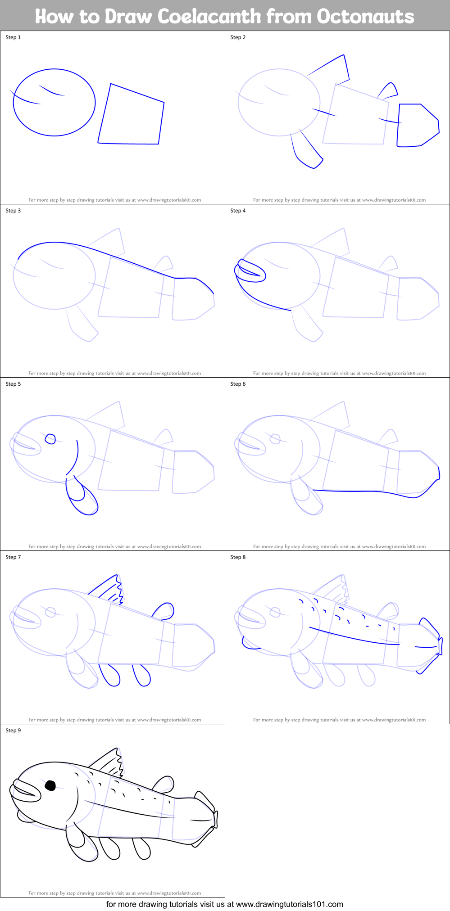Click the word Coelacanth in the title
209,17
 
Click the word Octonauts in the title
365,17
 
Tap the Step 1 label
13,37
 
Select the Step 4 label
238,211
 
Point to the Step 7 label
13,557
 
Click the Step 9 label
13,731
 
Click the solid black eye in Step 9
50,786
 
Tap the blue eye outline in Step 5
50,439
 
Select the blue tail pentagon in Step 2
417,126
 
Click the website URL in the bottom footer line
289,904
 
